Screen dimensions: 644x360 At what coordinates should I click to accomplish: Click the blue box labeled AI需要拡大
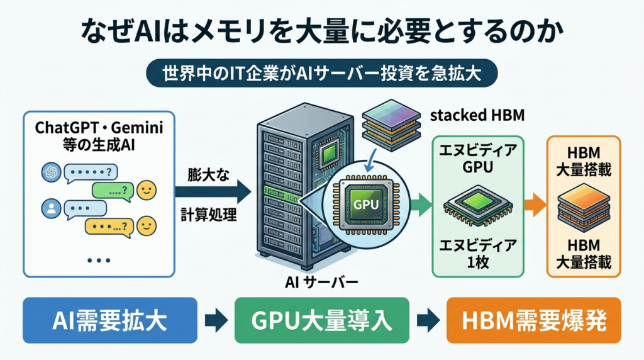110,320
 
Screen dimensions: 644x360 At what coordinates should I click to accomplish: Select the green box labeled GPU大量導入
321,320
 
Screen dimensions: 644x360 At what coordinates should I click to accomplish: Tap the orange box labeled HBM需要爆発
533,320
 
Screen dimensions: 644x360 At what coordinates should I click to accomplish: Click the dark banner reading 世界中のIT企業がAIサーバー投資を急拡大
322,73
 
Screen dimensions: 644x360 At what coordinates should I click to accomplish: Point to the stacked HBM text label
477,115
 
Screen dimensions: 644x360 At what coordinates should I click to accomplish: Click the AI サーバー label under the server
321,283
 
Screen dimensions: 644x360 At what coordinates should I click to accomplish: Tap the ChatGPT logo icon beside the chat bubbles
52,172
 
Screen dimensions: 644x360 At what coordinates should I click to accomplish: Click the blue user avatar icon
52,208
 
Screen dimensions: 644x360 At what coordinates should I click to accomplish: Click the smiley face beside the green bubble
146,190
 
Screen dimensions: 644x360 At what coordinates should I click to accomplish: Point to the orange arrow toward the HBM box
535,205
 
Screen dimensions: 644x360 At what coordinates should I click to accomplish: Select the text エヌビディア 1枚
478,254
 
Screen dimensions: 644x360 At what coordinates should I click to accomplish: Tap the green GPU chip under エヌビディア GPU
478,206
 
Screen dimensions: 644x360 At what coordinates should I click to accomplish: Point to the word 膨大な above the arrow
208,175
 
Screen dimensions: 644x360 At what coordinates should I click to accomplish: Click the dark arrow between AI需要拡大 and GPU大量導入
216,320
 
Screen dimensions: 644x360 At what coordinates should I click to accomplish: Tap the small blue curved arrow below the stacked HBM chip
371,161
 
